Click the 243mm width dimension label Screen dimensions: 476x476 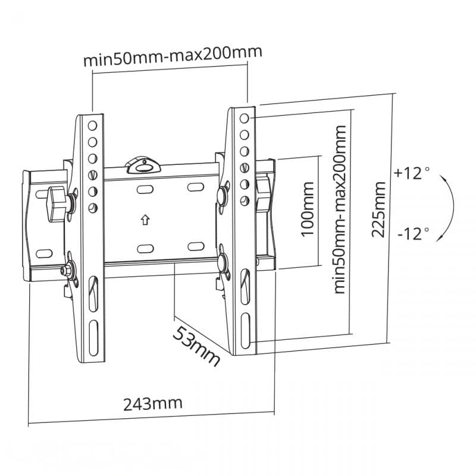pos(152,404)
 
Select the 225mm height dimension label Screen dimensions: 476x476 pos(379,209)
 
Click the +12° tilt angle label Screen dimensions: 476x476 pos(411,174)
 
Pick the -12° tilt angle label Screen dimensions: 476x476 pos(412,233)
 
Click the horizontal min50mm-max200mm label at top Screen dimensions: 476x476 pos(172,61)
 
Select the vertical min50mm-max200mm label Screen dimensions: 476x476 pos(340,209)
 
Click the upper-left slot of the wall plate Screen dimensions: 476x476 pos(145,189)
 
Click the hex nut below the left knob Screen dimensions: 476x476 pos(65,269)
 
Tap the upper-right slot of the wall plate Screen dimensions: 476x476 pos(196,187)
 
